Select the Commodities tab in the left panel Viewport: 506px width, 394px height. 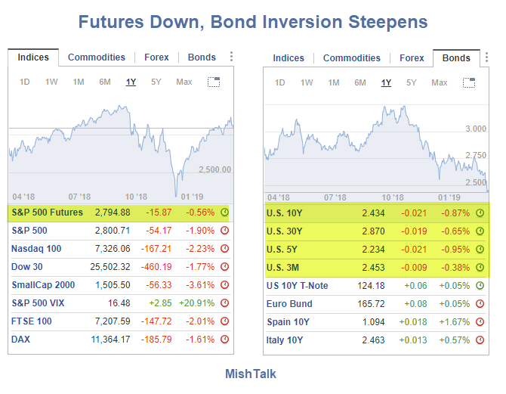point(97,57)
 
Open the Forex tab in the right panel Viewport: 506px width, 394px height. point(412,58)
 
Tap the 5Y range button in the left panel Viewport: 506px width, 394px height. point(156,82)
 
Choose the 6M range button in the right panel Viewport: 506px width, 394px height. point(360,82)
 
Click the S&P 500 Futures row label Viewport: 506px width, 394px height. point(48,213)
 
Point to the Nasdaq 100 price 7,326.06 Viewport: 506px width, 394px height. point(110,249)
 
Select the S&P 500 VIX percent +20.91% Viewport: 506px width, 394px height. point(199,303)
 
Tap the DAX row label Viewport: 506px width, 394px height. point(21,340)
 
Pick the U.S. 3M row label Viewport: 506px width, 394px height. point(283,268)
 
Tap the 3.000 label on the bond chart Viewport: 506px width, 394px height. point(476,129)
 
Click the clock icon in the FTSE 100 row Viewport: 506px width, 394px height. point(224,321)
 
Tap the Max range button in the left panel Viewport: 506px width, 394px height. point(184,82)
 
